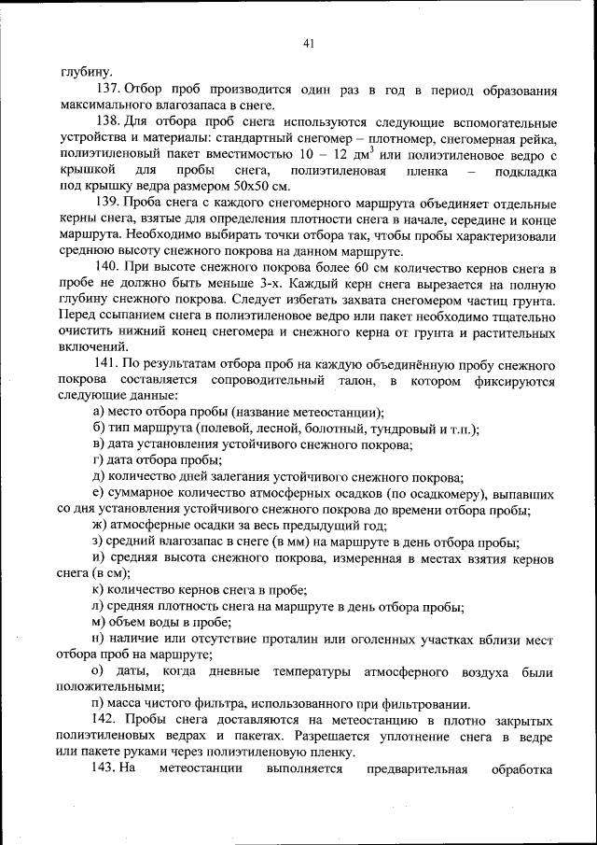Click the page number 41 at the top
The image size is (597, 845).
point(309,42)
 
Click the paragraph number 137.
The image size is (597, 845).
point(106,90)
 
